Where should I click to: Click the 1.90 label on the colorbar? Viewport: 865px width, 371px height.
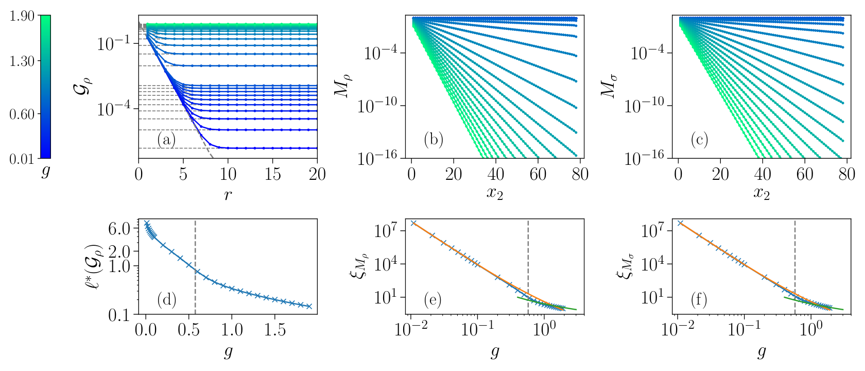coord(22,16)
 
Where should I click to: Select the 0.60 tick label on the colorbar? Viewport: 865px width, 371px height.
coord(22,114)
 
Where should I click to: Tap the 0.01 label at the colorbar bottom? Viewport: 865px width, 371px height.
coord(22,159)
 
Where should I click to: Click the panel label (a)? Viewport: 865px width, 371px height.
coord(166,140)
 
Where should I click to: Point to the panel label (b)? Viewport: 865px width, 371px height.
coord(434,140)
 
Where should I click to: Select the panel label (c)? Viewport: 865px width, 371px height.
coord(700,140)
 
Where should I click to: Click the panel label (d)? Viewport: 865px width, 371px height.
coord(167,300)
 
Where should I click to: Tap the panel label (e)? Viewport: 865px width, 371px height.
coord(432,300)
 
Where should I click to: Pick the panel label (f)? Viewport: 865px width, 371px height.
coord(699,300)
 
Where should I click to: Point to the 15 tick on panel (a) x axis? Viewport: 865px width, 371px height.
coord(273,175)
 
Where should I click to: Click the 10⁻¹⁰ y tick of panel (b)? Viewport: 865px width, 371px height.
coord(373,106)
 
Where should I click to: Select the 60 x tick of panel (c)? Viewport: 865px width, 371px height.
coord(805,175)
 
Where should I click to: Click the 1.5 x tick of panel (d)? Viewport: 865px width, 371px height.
coord(275,330)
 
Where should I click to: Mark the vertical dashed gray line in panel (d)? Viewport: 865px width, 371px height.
coord(195,267)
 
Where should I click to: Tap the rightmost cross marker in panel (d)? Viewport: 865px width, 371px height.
coord(309,307)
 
